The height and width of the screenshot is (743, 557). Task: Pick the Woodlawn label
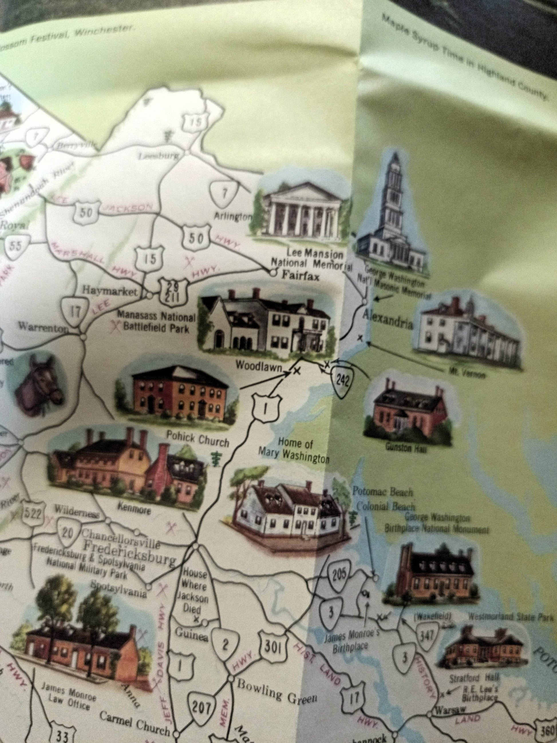[x=258, y=366]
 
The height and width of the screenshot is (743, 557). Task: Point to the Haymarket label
[x=110, y=291]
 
